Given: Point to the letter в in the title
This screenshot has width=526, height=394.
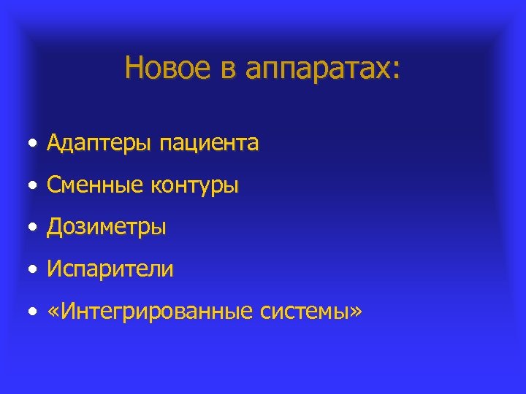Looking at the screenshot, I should pyautogui.click(x=226, y=69).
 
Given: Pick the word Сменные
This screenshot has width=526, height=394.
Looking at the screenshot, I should pyautogui.click(x=96, y=186).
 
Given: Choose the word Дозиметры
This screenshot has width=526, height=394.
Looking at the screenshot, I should pyautogui.click(x=107, y=228).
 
